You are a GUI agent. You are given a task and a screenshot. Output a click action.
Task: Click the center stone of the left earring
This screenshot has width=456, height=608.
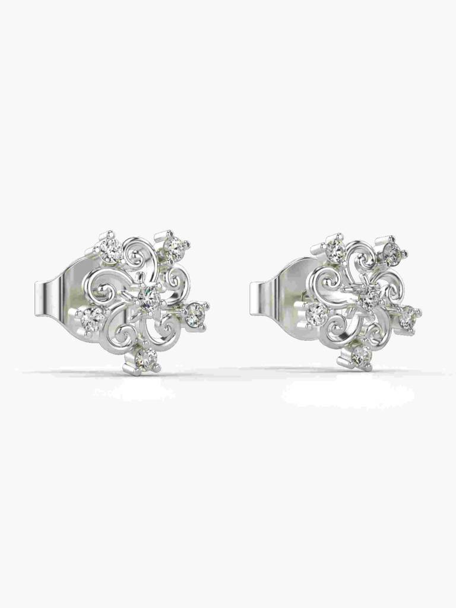coord(148,295)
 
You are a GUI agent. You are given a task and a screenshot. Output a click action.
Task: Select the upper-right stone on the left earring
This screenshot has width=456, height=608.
coord(173,248)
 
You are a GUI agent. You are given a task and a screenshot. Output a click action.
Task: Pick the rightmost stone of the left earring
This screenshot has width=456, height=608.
coord(194,315)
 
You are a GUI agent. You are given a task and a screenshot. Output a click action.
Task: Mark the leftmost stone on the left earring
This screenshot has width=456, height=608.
coord(92,319)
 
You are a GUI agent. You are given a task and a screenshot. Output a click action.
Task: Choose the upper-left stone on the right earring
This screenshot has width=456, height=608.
coord(335,251)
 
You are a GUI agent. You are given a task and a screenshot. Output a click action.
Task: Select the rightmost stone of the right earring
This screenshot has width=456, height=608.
coord(408,316)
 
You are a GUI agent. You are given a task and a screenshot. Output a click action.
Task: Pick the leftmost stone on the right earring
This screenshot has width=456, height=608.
coord(316,313)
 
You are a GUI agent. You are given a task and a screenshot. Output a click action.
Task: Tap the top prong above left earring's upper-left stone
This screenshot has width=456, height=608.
coord(109,235)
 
